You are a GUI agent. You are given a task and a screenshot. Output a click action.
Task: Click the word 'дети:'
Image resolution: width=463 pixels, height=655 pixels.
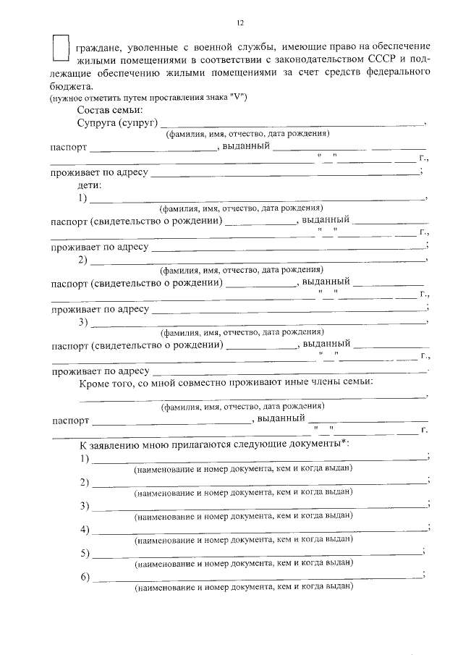[x=90, y=185]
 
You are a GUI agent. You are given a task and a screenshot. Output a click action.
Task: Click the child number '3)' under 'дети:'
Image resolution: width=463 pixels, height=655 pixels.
[x=83, y=321]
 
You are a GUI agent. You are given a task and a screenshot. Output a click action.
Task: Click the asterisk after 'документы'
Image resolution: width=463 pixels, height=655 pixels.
[x=344, y=442]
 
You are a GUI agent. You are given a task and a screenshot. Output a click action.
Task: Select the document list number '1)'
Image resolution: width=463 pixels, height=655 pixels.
[x=85, y=458]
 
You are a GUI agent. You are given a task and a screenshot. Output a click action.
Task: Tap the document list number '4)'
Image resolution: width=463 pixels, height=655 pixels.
[x=85, y=531]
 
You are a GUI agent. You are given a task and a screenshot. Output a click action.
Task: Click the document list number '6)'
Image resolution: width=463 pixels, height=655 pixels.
[x=85, y=577]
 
